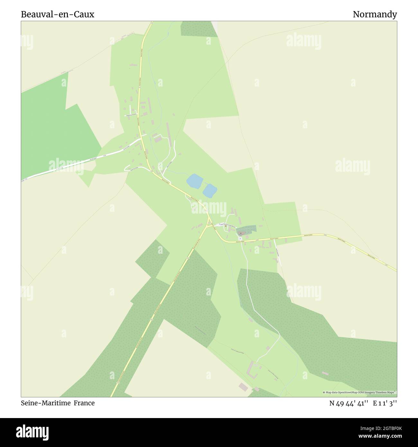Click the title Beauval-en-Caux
coord(58,14)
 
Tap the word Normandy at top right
coord(375,14)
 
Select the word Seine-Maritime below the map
coord(46,403)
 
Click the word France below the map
coord(84,403)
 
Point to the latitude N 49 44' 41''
coord(349,403)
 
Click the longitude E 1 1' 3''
coord(385,403)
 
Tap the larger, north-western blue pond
coord(194,181)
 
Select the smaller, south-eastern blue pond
coord(209,191)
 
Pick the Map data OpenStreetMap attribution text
coord(359,392)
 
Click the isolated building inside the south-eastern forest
coord(325,373)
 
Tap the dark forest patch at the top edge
coord(198,29)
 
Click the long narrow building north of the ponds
coord(168,132)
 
